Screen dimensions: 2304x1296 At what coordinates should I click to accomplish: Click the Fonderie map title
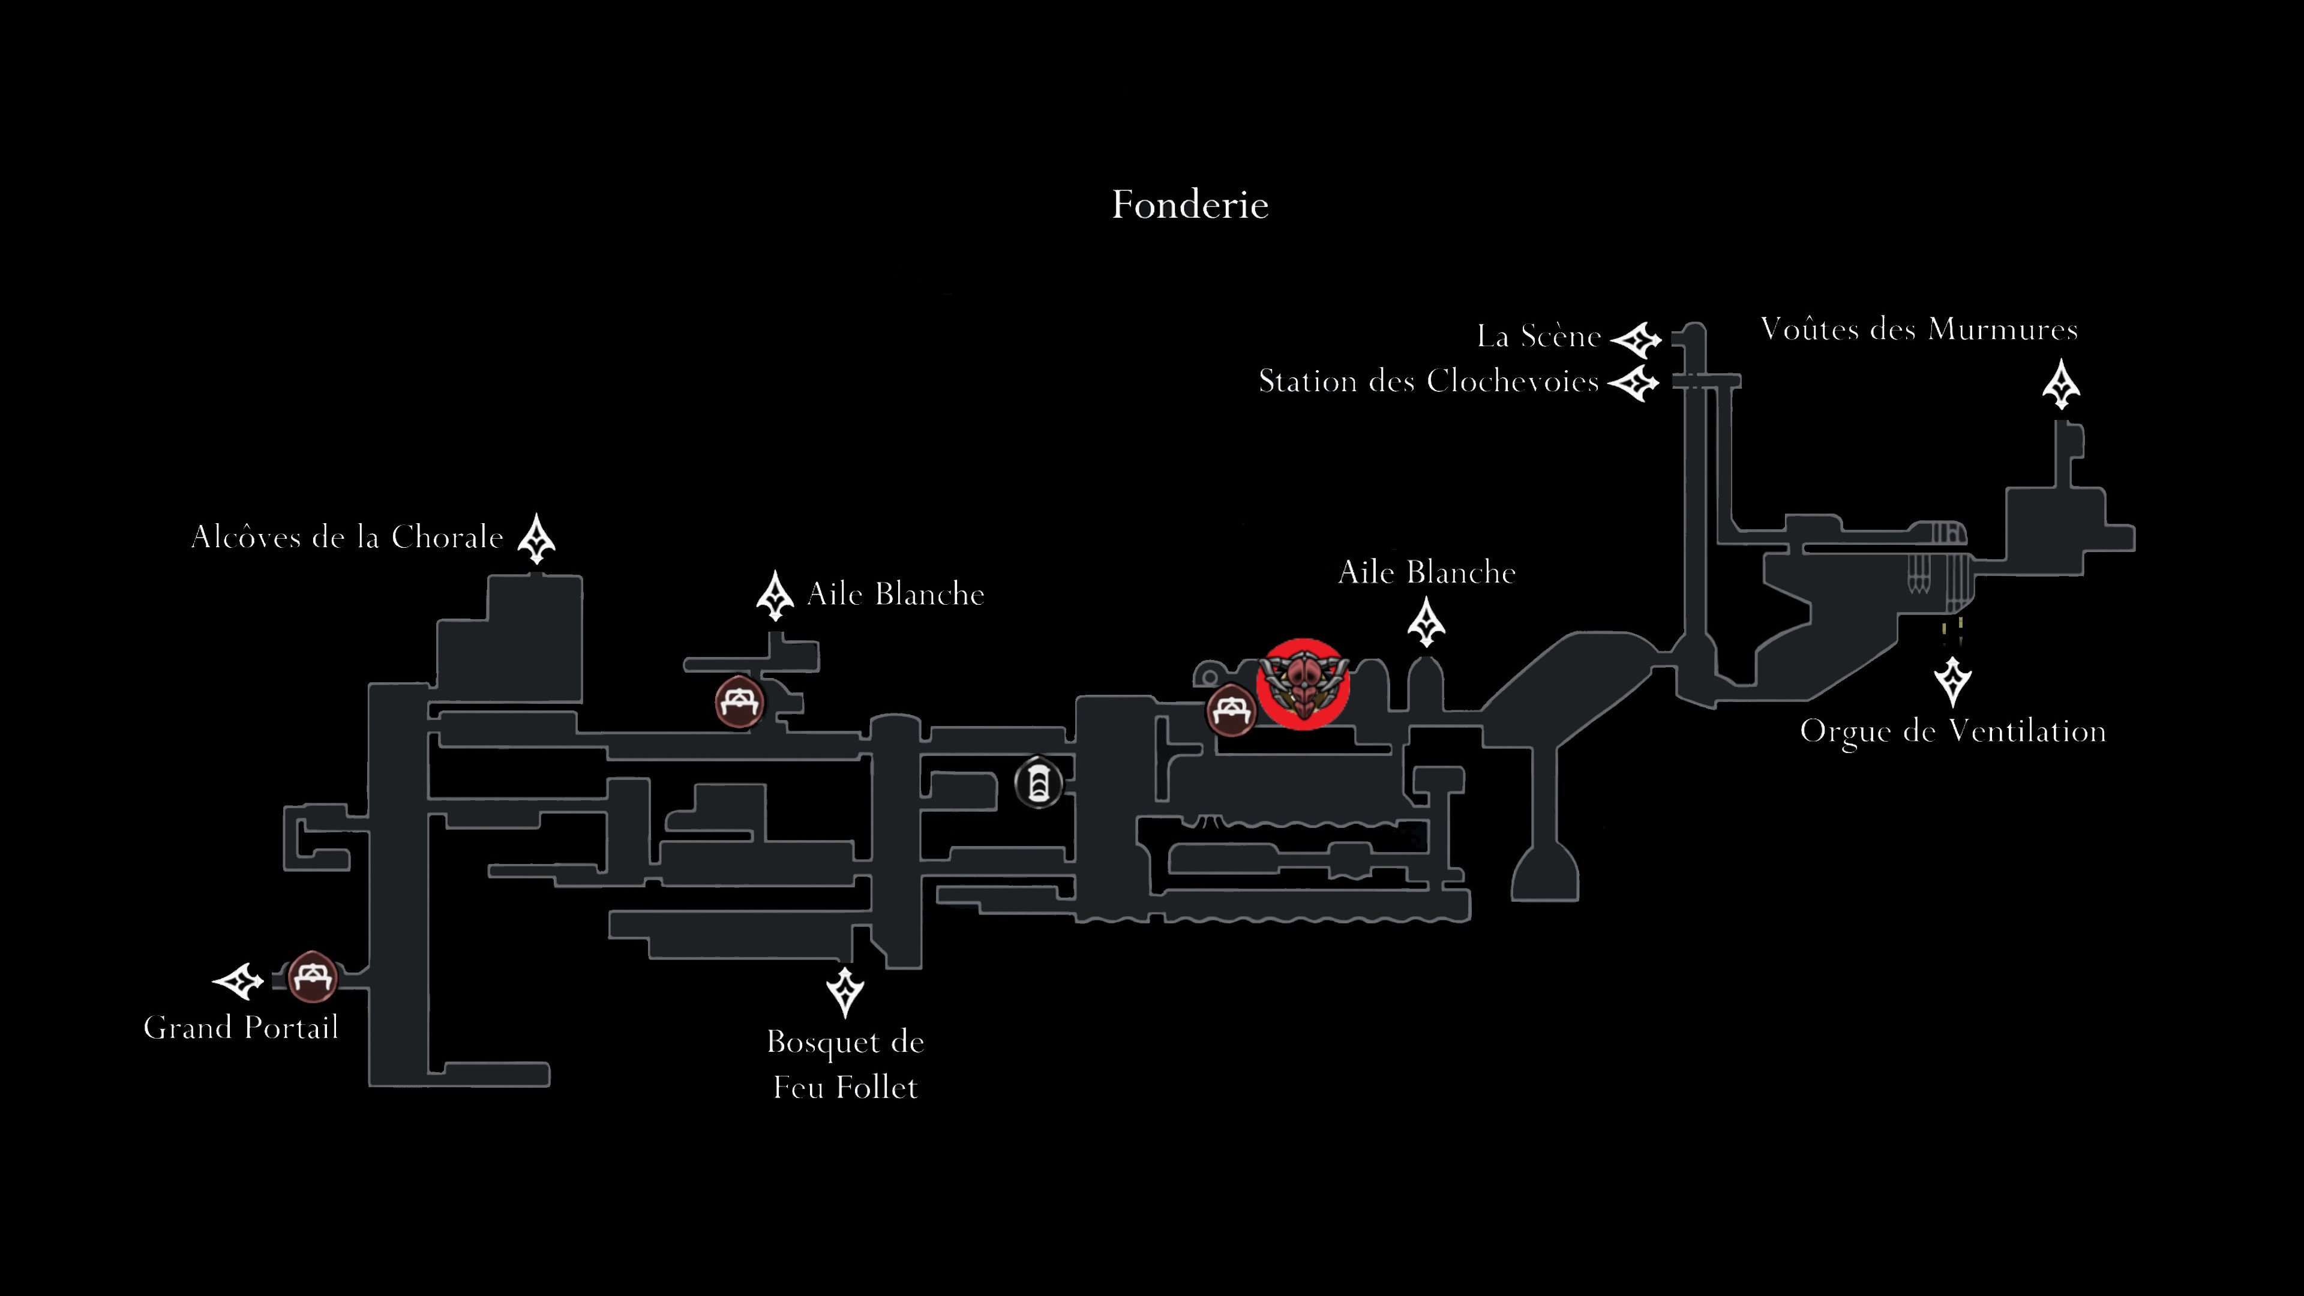[1190, 205]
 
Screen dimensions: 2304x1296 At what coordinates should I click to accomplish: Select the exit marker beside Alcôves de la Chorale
[536, 538]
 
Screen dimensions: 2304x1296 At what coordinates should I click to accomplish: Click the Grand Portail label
[241, 1027]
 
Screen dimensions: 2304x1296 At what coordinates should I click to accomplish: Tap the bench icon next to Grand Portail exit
[312, 977]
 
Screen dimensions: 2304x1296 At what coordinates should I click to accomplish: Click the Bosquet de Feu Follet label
[845, 1064]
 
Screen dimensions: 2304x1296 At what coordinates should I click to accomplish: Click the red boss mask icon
[1302, 684]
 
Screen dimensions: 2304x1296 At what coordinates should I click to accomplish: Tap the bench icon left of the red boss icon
[1232, 711]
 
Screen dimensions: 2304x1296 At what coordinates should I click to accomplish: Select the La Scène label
[1538, 336]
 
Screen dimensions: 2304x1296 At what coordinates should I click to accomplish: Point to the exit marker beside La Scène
[1636, 340]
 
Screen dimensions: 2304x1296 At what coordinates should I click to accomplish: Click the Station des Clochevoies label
[1429, 381]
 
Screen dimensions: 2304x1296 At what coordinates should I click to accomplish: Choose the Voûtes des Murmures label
[1919, 329]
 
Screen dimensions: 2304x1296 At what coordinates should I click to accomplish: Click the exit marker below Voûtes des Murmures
[2061, 385]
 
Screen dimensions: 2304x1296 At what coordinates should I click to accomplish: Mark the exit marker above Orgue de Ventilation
[1952, 682]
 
